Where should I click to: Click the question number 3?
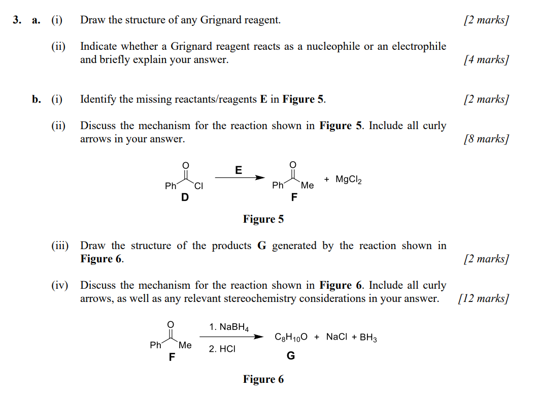pos(17,20)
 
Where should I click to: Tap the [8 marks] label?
pos(486,139)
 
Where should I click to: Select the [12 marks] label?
pos(483,298)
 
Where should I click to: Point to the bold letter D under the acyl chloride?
pos(185,197)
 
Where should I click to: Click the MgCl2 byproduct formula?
pos(349,179)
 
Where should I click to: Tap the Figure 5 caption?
pos(263,219)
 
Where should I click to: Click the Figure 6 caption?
pos(263,379)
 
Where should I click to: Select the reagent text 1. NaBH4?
pos(228,327)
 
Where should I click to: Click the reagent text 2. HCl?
pos(222,349)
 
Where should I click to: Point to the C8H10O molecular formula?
pos(290,337)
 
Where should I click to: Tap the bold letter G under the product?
pos(290,356)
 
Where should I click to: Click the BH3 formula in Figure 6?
pos(368,337)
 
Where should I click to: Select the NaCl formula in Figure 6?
pos(336,337)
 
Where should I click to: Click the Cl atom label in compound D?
pos(198,186)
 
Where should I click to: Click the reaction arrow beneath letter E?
pos(240,177)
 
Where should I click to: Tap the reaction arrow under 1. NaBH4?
pos(231,337)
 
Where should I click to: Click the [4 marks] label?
pos(486,59)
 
